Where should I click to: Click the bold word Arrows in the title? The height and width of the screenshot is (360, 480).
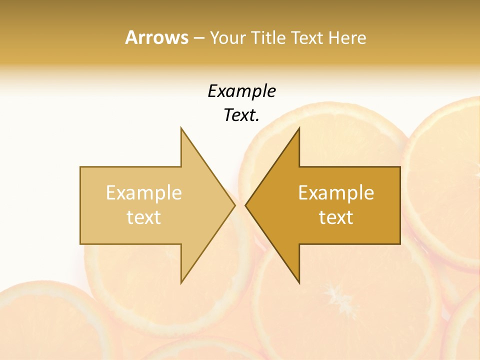pos(156,37)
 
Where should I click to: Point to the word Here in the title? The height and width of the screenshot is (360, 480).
pos(347,38)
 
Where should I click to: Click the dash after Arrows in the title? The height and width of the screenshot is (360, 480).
pos(198,38)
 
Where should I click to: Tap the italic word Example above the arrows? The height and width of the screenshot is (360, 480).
pos(241,91)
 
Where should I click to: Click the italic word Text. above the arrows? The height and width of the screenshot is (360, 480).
pos(241,115)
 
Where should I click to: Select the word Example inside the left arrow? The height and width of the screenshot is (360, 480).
pos(144,193)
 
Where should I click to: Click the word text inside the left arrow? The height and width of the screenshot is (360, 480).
pos(144,217)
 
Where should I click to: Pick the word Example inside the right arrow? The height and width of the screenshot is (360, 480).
pos(336,193)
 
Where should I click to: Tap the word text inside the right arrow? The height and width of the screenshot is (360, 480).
pos(336,217)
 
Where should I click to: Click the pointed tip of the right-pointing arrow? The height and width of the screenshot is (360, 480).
pos(235,205)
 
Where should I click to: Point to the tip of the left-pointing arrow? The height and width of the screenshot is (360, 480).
pos(245,205)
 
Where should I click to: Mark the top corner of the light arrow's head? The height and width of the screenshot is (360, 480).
pos(181,127)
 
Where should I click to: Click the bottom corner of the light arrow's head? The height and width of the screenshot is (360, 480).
pos(181,283)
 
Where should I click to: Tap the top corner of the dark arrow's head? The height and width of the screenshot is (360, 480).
pos(299,127)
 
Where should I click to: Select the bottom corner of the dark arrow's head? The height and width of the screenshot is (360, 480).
pos(299,283)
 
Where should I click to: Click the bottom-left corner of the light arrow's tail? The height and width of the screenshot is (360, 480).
pos(80,244)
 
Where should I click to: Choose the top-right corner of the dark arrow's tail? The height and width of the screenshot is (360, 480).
pos(400,167)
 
